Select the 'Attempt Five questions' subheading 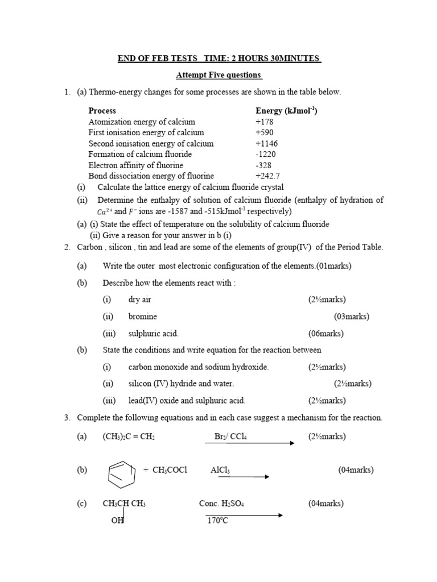click(218, 75)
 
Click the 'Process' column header click(102, 111)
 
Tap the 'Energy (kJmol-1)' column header click(286, 111)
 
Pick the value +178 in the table click(265, 122)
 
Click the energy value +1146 click(267, 143)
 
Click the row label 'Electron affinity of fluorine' click(136, 165)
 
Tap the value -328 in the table click(264, 165)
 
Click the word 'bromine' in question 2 click(142, 316)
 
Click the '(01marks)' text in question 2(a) click(336, 266)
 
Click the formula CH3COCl click(169, 470)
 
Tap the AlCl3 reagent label click(220, 470)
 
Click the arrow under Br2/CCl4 click(250, 443)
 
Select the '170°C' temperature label click(217, 520)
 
